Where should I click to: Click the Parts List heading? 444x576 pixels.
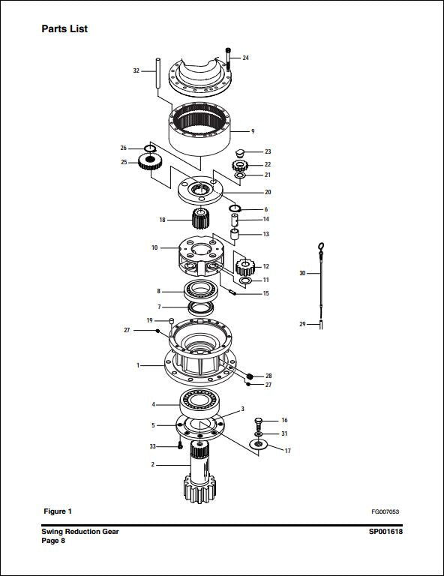64,29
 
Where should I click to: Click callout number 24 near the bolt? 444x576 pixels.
245,58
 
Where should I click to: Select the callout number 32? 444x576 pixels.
136,70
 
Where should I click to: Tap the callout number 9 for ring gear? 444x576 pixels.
253,131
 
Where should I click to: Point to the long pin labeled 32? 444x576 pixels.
158,75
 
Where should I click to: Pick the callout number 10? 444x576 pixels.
154,247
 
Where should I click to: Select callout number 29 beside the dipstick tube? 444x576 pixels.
302,324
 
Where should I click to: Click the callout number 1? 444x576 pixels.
138,365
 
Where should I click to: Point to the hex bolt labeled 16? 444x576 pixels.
259,421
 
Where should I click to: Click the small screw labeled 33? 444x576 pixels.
181,445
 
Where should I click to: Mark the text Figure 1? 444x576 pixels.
58,511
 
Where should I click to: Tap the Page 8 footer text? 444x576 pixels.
53,540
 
